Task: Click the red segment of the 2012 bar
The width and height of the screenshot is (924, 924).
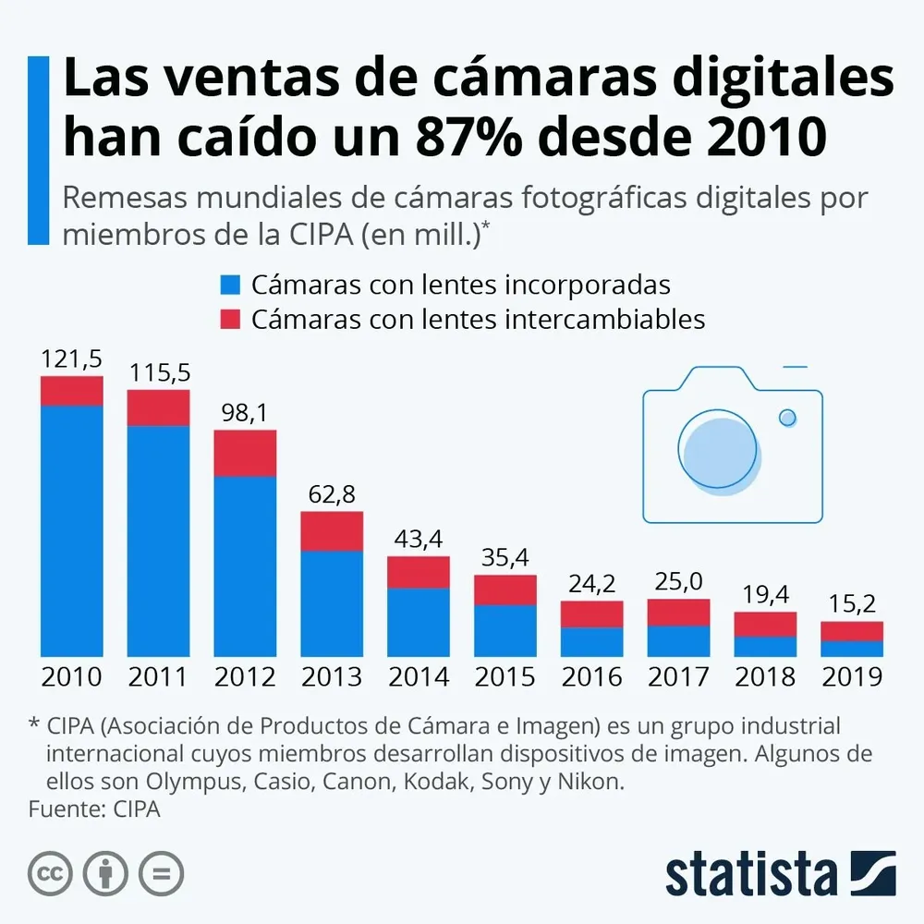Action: click(x=245, y=453)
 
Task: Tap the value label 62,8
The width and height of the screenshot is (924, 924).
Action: click(x=331, y=495)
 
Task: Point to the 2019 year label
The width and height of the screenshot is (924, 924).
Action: click(x=852, y=676)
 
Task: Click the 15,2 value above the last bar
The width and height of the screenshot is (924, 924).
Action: click(x=852, y=605)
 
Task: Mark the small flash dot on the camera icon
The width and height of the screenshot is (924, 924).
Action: click(x=787, y=418)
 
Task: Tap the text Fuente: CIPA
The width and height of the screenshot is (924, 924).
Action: click(x=94, y=809)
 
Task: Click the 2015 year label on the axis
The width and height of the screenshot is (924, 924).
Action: click(x=505, y=676)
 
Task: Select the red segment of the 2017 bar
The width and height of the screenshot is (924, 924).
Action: click(x=678, y=612)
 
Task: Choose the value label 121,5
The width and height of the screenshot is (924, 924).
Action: click(x=71, y=359)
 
